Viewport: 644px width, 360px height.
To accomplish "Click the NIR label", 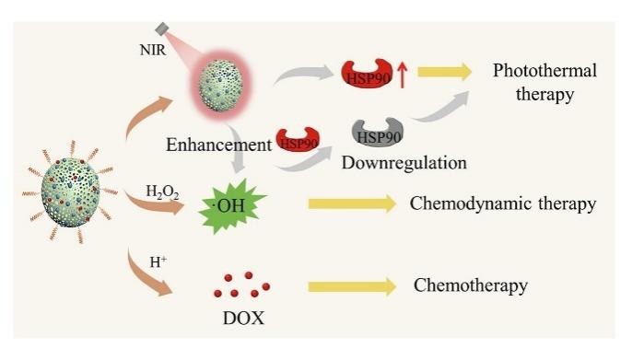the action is tap(153, 50).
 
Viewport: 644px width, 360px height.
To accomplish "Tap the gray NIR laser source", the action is tap(162, 29).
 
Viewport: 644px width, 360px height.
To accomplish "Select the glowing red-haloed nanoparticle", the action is tap(221, 86).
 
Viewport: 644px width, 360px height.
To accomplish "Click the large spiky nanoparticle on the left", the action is tap(71, 192).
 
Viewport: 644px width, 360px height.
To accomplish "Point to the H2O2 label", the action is tap(162, 192).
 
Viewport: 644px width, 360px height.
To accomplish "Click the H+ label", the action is tap(158, 261).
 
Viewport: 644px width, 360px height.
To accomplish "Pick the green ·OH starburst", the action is tap(231, 205).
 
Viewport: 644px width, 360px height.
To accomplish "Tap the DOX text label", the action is tap(243, 319).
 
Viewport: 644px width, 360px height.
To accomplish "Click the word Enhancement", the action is tap(219, 145).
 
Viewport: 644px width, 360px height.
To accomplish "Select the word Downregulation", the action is tap(404, 163).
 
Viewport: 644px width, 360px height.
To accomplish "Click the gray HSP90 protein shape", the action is tap(378, 132).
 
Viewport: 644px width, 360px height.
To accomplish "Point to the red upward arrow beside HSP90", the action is tap(403, 75).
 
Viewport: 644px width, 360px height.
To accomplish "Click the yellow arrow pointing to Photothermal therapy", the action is tap(444, 72).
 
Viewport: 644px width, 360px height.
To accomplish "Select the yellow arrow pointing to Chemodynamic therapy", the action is tap(352, 204).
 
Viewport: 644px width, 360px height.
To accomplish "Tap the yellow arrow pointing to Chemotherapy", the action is tap(352, 286).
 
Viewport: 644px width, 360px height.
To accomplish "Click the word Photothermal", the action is tap(544, 71).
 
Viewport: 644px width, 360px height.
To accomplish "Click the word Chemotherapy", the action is tap(471, 285).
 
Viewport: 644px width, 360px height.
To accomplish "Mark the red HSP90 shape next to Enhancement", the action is tap(299, 140).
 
